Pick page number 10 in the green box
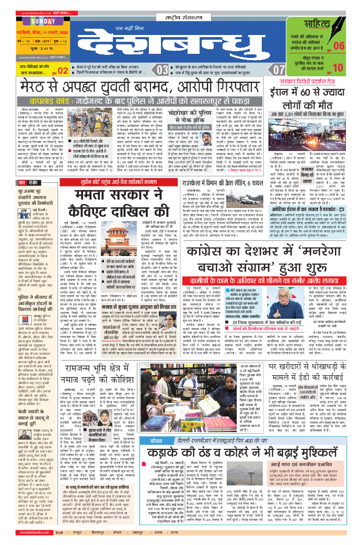338,67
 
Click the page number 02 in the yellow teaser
63,71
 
